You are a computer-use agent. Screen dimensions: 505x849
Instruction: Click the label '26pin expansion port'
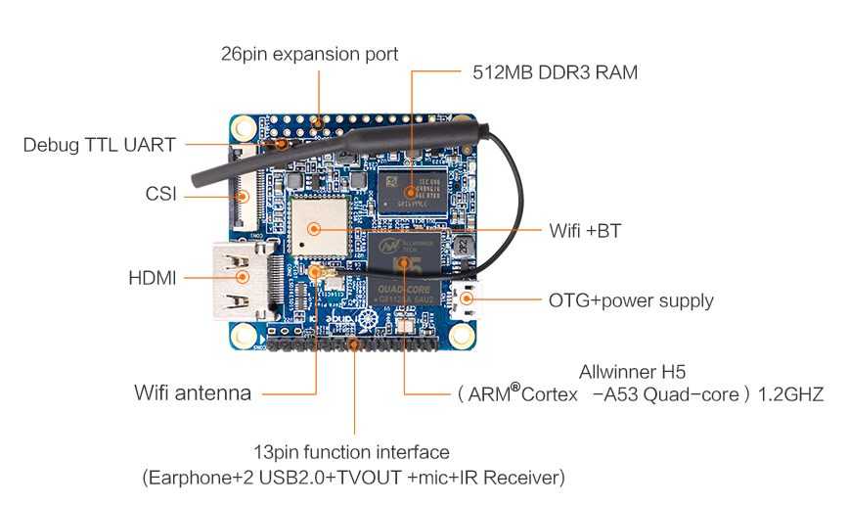(x=309, y=54)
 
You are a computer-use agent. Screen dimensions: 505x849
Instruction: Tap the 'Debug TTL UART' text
(x=99, y=145)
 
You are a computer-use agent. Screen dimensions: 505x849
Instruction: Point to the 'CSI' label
(x=160, y=194)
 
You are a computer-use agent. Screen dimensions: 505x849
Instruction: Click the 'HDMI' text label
(x=153, y=278)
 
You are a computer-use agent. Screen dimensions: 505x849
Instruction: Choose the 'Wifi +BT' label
(x=584, y=232)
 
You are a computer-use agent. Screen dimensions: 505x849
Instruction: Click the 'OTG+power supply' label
(x=630, y=300)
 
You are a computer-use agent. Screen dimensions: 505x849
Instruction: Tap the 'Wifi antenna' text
(x=192, y=393)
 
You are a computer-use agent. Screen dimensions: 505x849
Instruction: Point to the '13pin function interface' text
(x=350, y=452)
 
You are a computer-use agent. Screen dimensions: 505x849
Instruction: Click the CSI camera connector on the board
(x=241, y=187)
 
